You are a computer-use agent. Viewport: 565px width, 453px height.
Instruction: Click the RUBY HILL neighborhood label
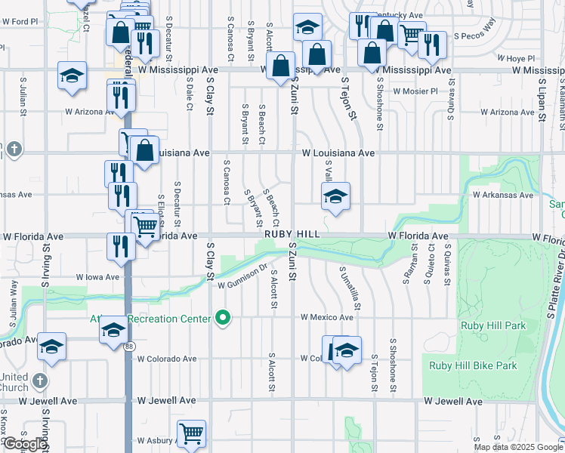pyautogui.click(x=292, y=235)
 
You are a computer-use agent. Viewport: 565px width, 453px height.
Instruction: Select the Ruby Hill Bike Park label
pyautogui.click(x=473, y=365)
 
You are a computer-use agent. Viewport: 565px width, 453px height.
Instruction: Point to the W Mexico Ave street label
pyautogui.click(x=327, y=318)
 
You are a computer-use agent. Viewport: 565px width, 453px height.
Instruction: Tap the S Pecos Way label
pyautogui.click(x=480, y=24)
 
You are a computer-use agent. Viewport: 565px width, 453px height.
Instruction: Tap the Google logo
pyautogui.click(x=24, y=444)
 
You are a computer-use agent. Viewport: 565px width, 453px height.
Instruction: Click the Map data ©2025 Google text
pyautogui.click(x=518, y=447)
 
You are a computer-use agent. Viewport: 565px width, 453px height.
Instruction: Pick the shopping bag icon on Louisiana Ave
pyautogui.click(x=145, y=149)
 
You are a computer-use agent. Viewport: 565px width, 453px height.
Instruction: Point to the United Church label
pyautogui.click(x=14, y=382)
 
